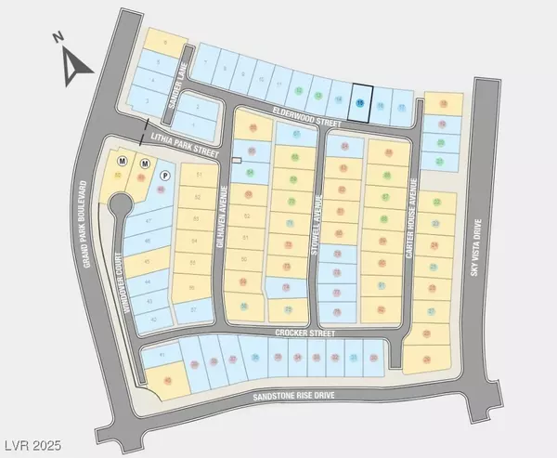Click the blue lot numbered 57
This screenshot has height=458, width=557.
pyautogui.click(x=148, y=221)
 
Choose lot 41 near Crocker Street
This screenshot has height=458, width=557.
pyautogui.click(x=162, y=356)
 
